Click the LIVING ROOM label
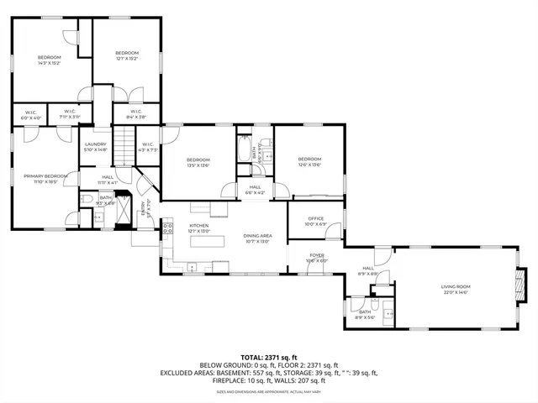tap(455, 287)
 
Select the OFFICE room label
tap(316, 220)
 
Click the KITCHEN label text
tap(198, 227)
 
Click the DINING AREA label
tap(256, 238)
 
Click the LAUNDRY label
tap(94, 146)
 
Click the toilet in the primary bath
tap(88, 198)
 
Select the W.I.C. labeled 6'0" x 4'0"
tap(29, 116)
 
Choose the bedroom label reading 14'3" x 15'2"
tap(50, 60)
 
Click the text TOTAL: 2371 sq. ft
tap(268, 357)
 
